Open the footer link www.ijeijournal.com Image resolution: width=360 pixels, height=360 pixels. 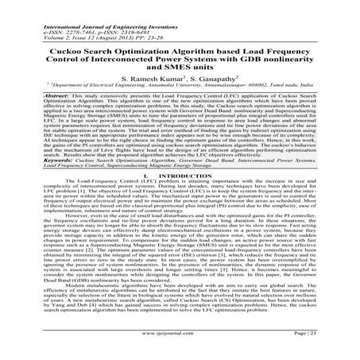coord(180,348)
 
